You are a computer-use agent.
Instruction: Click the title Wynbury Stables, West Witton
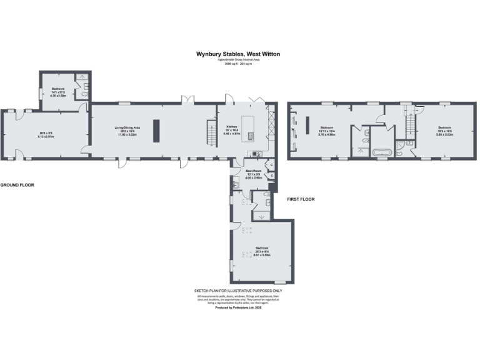[x=239, y=54]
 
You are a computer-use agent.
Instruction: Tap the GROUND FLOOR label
[x=17, y=186]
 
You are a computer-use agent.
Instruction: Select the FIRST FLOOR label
[x=300, y=199]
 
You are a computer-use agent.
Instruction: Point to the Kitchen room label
[x=232, y=126]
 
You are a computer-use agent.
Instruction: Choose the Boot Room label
[x=253, y=170]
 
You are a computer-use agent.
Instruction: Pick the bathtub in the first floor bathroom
[x=381, y=152]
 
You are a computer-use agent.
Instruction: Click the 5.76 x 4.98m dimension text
[x=327, y=134]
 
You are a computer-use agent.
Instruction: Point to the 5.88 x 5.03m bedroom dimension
[x=444, y=134]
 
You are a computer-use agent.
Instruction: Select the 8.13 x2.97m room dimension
[x=42, y=137]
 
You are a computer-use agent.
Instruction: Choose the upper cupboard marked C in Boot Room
[x=271, y=164]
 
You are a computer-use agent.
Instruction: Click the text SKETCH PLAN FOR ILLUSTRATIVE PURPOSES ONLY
[x=239, y=291]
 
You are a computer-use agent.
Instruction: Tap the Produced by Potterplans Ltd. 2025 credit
[x=238, y=307]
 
